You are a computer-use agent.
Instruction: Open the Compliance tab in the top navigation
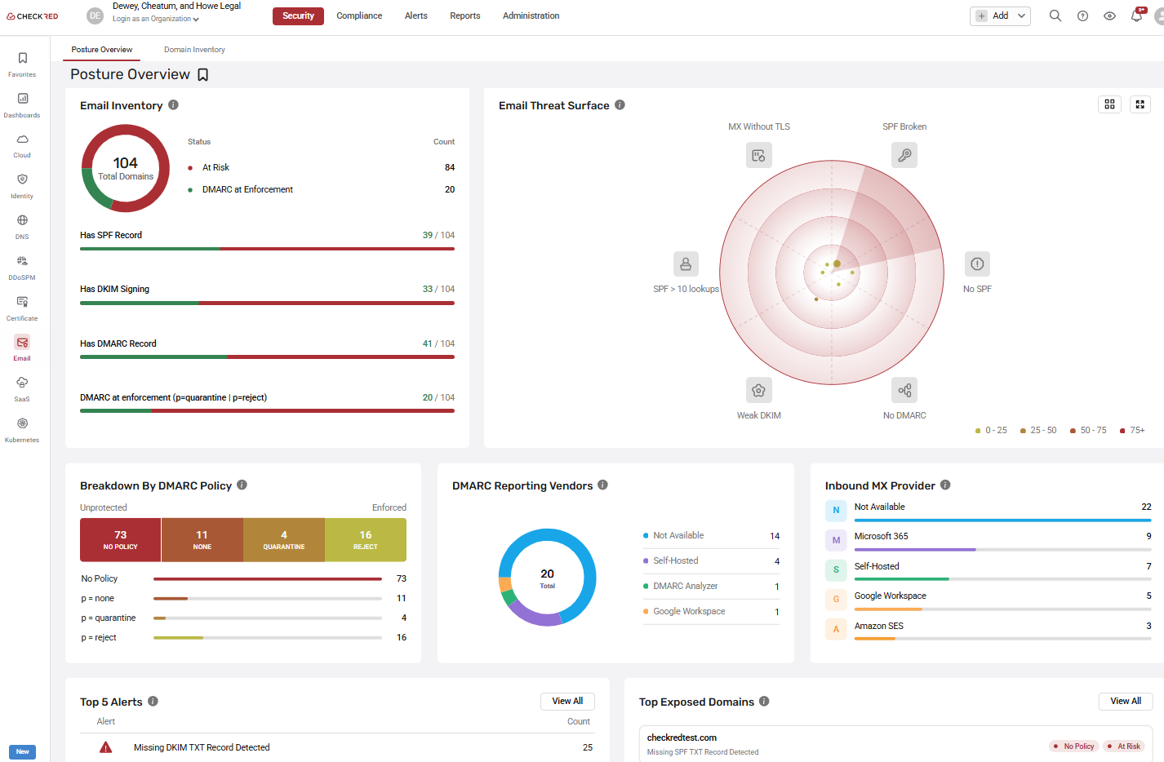point(359,16)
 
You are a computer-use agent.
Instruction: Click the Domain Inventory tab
point(194,49)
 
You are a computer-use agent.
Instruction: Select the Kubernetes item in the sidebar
point(22,430)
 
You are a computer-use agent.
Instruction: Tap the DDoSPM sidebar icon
point(22,261)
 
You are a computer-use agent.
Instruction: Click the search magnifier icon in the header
point(1055,16)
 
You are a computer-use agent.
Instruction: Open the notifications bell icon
point(1136,16)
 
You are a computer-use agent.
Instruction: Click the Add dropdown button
point(1000,16)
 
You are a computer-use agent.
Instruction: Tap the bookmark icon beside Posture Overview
point(203,75)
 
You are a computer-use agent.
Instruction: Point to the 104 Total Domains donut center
point(125,168)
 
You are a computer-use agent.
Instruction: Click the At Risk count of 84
point(450,167)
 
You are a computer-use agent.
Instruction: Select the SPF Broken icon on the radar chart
point(904,155)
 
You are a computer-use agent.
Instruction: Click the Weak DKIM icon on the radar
point(758,390)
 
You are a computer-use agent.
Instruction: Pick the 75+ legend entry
point(1132,430)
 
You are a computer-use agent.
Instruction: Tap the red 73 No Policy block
point(121,540)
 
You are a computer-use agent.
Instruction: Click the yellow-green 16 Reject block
point(366,540)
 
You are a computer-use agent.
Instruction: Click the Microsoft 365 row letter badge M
point(836,540)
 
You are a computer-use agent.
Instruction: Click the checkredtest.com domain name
point(682,738)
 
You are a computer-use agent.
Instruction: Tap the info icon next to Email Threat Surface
point(620,105)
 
